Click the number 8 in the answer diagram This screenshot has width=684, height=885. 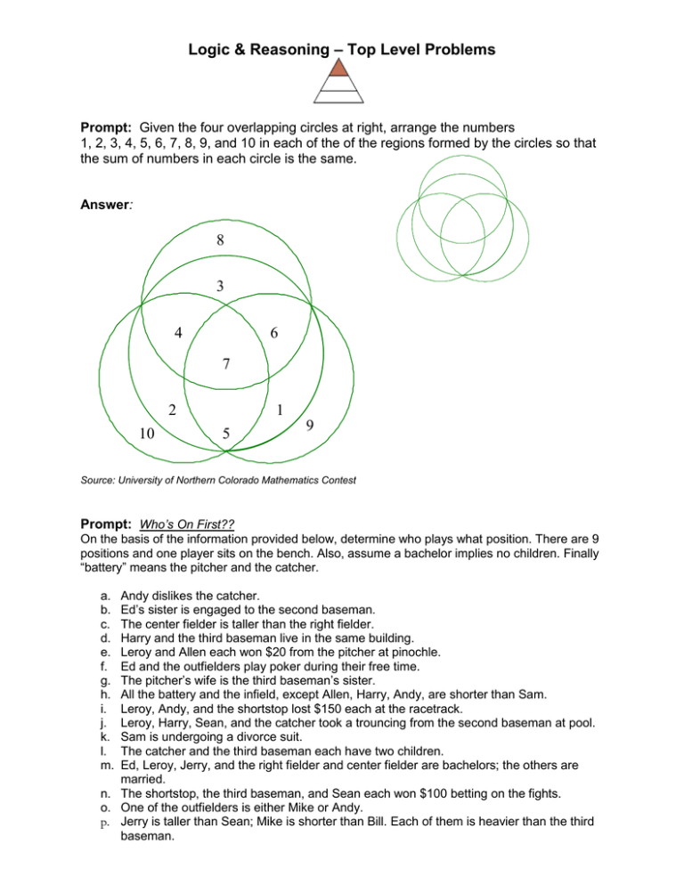pyautogui.click(x=219, y=240)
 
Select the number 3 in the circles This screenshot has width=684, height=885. pyautogui.click(x=219, y=286)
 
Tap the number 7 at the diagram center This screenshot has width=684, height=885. pyautogui.click(x=226, y=363)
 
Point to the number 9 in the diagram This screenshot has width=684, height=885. pyautogui.click(x=308, y=426)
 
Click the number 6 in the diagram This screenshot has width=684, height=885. pyautogui.click(x=273, y=333)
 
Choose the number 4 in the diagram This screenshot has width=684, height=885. pyautogui.click(x=179, y=333)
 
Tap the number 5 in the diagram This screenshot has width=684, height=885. pyautogui.click(x=227, y=434)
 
